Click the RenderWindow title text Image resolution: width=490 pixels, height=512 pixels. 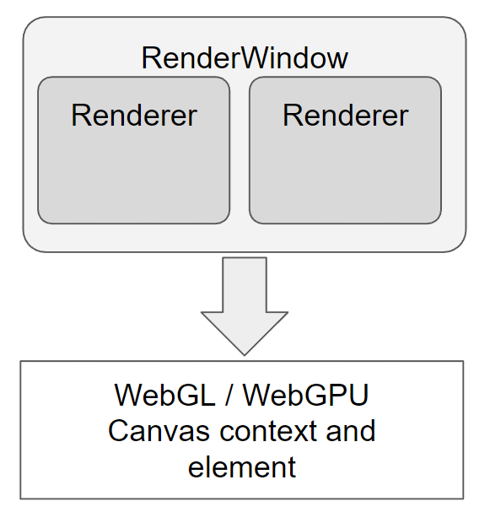[245, 58]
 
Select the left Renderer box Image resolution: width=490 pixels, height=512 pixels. [134, 150]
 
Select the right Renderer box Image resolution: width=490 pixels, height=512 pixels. [346, 150]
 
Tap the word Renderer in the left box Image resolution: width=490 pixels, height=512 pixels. [134, 115]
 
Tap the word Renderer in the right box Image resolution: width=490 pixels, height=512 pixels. [346, 115]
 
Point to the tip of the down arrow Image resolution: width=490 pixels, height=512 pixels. [245, 355]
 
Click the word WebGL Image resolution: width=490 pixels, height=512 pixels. [164, 395]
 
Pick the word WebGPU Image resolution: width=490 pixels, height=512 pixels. [306, 395]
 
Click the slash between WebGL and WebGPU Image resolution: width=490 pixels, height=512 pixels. [229, 395]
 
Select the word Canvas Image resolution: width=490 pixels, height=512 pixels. [159, 431]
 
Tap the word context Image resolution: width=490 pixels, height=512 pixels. [268, 431]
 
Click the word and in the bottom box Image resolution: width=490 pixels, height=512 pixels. [351, 431]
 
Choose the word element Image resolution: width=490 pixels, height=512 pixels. [242, 466]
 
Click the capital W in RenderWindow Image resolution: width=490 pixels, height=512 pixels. [257, 58]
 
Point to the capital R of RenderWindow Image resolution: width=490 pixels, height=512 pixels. [151, 58]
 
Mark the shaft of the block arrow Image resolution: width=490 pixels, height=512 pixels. [245, 285]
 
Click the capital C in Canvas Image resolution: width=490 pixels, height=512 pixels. [117, 431]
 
